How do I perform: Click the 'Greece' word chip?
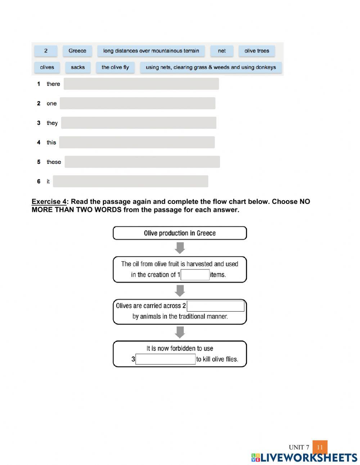[x=77, y=51]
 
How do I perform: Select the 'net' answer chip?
[x=222, y=51]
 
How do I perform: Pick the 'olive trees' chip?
[x=257, y=51]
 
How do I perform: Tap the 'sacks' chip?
[x=78, y=67]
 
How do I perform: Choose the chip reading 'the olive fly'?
[x=115, y=67]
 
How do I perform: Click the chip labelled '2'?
[x=46, y=51]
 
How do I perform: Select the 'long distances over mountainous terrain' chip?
[x=151, y=51]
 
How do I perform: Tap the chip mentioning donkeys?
[x=211, y=67]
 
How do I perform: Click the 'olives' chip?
[x=47, y=67]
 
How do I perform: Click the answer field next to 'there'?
[x=141, y=84]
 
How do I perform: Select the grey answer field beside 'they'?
[x=139, y=123]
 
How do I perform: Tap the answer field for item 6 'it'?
[x=130, y=181]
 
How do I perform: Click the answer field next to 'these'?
[x=142, y=162]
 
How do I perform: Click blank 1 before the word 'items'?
[x=195, y=275]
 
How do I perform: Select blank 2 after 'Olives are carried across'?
[x=215, y=306]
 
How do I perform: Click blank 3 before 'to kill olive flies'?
[x=166, y=359]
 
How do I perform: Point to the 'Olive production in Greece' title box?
[x=180, y=233]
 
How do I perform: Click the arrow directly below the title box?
[x=180, y=248]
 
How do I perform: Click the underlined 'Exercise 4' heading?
[x=49, y=202]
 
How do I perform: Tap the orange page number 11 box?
[x=320, y=447]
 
